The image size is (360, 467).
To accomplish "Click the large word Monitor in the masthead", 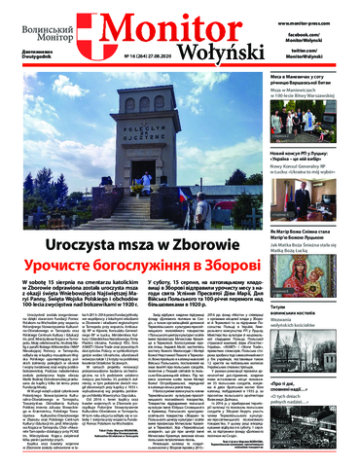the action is pos(178,28).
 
